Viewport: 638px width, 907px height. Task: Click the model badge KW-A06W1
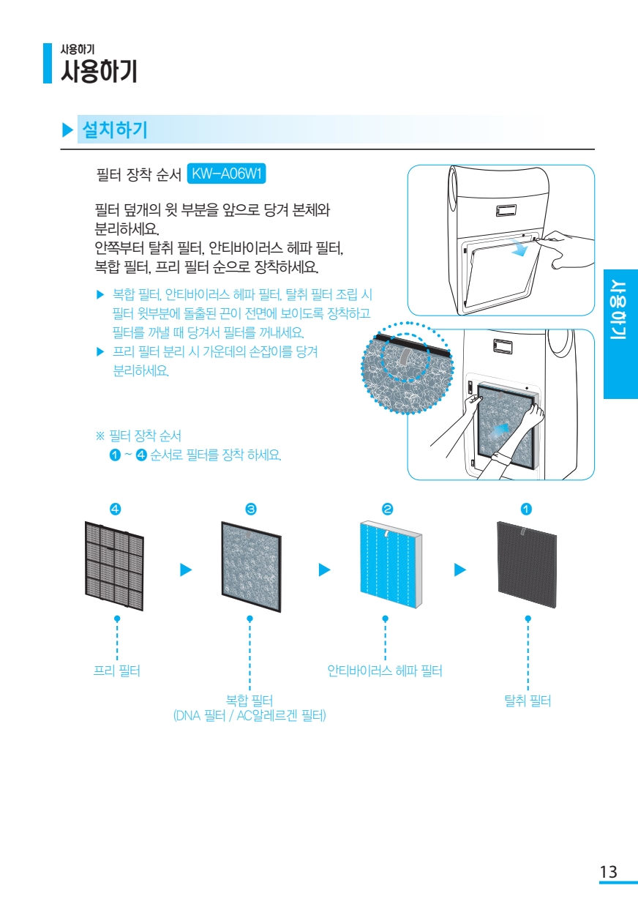point(227,174)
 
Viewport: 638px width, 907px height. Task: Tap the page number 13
point(608,872)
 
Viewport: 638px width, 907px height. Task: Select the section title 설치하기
point(116,130)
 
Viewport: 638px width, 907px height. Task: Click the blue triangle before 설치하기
point(68,131)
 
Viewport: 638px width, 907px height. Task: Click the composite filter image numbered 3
point(251,567)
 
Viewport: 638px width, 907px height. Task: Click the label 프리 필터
point(117,671)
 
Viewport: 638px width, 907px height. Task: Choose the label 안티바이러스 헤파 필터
point(385,671)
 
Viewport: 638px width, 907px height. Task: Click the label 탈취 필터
point(528,701)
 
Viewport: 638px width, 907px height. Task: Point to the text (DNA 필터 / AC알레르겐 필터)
point(249,715)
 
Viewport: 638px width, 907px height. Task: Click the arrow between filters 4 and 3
point(186,569)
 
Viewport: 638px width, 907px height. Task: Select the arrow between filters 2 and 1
point(460,569)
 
